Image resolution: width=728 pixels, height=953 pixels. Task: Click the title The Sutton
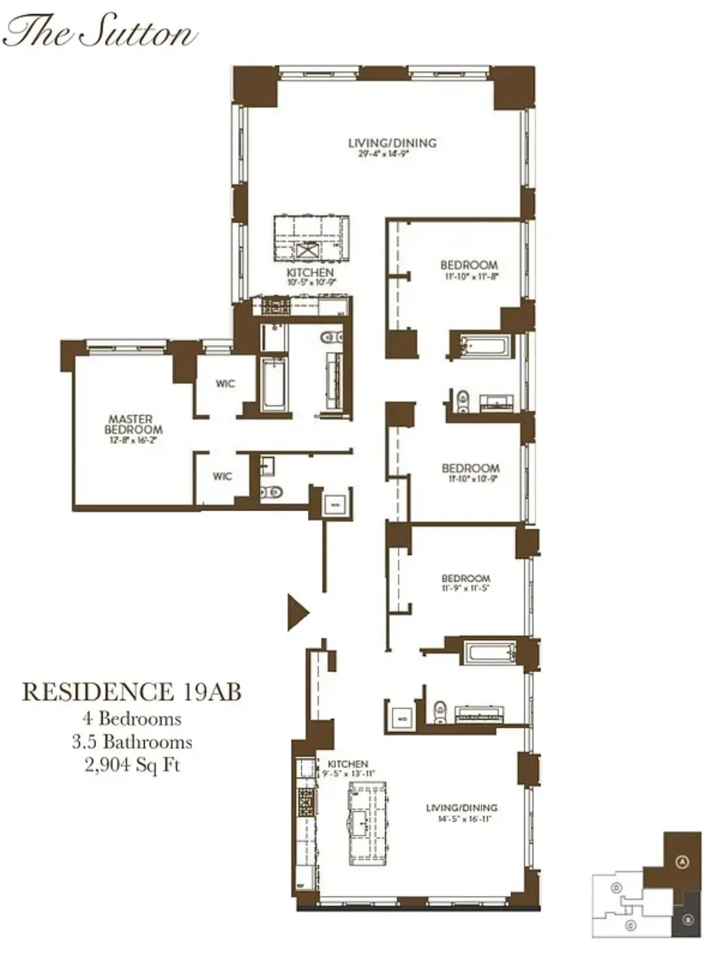click(x=100, y=32)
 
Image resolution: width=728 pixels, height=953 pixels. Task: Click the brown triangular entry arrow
click(x=296, y=612)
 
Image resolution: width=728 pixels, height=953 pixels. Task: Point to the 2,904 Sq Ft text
click(x=132, y=765)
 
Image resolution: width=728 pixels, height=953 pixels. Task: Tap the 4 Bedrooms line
click(x=132, y=717)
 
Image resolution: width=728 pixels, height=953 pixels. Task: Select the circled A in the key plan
click(x=682, y=861)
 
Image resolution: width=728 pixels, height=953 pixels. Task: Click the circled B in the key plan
click(x=687, y=920)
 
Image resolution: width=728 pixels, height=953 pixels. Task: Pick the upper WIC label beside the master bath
click(x=225, y=383)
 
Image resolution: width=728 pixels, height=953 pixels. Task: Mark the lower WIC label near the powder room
click(x=222, y=476)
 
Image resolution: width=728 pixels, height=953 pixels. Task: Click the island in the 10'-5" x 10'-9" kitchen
click(x=310, y=239)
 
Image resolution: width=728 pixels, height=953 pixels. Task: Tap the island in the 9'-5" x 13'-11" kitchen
click(x=367, y=824)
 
